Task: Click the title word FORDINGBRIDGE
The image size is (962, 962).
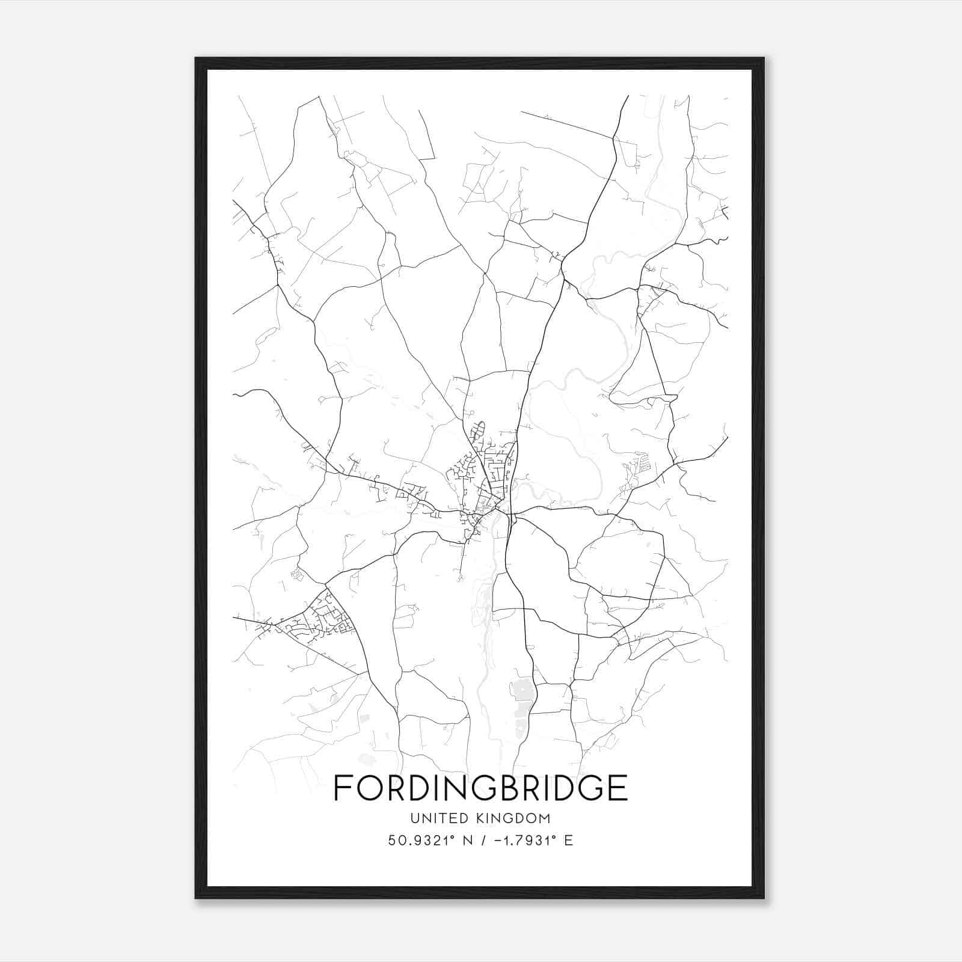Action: (x=480, y=788)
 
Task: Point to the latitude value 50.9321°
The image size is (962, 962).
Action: (x=420, y=841)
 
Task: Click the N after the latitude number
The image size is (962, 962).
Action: (x=464, y=841)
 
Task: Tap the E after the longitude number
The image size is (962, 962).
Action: (x=568, y=841)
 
